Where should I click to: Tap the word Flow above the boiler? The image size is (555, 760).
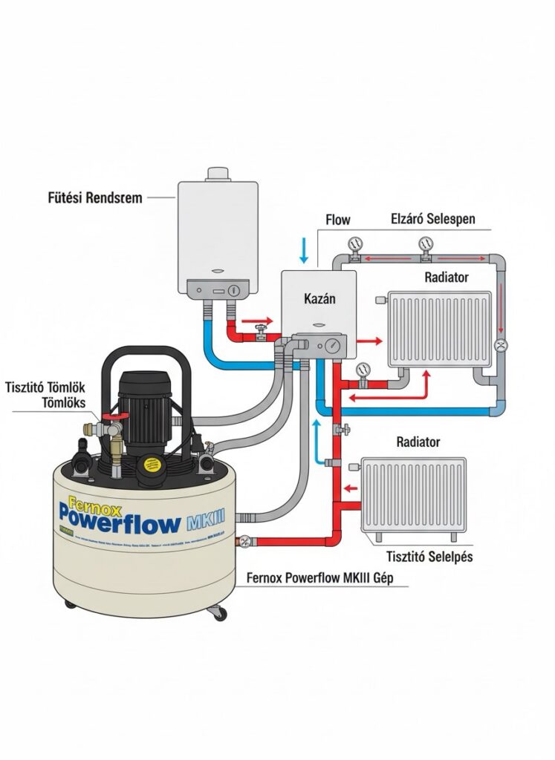coord(338,220)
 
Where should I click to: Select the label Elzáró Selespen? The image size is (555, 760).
coord(432,220)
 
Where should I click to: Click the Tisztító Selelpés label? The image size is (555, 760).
coord(430,557)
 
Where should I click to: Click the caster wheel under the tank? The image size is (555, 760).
coord(218,614)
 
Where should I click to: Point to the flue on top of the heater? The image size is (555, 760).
coord(218,173)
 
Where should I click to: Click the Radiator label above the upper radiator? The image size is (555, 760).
coord(446,278)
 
